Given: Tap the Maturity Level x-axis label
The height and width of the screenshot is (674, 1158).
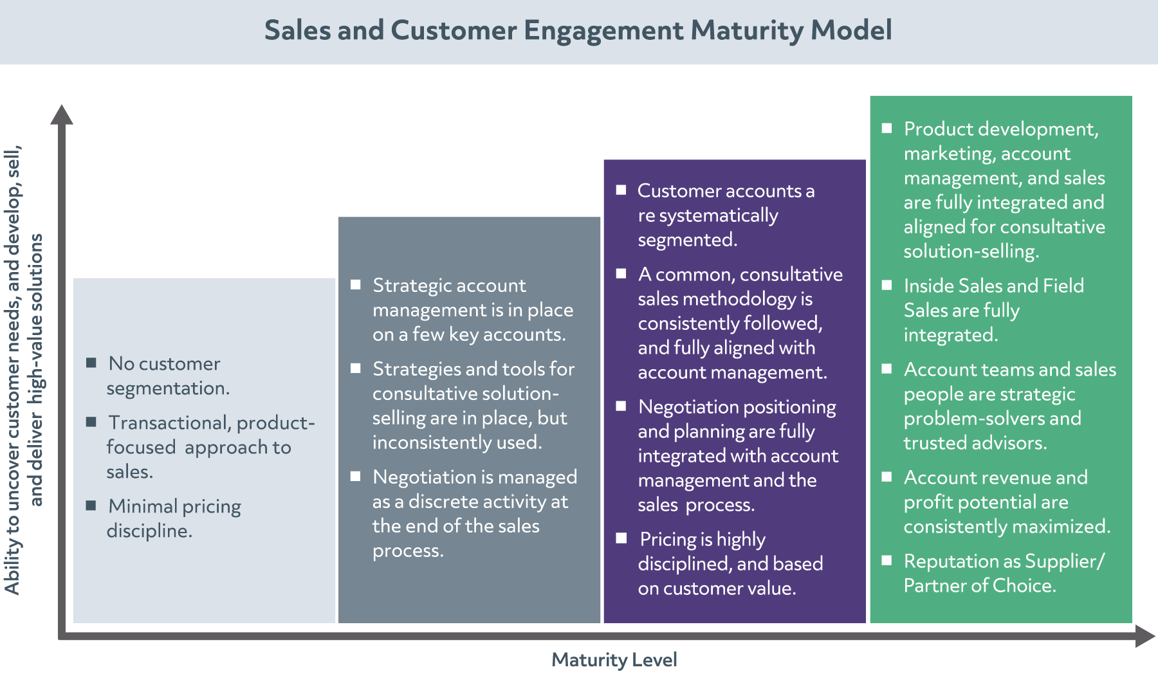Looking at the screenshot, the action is point(614,660).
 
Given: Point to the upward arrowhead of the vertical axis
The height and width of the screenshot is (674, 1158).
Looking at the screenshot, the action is point(62,114).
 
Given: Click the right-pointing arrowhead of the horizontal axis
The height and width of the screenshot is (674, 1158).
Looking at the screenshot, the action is point(1144,636).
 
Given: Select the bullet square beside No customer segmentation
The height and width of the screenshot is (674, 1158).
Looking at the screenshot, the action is point(91,363).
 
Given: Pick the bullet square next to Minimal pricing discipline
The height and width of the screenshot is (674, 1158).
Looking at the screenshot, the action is point(91,506).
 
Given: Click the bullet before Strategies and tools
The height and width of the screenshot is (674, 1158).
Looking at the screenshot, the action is point(356,368).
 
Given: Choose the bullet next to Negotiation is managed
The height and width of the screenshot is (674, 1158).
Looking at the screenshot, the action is point(356,476).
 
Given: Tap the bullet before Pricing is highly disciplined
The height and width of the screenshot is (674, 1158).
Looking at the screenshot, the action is point(621,538).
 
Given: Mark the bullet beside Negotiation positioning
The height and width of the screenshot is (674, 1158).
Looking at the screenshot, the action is point(621,406).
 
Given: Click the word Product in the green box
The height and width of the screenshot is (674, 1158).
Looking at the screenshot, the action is point(937,129).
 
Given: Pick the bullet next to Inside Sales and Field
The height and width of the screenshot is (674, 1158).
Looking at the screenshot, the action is point(887,285).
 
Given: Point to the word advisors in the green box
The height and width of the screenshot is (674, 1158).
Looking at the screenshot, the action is point(1009,443).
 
